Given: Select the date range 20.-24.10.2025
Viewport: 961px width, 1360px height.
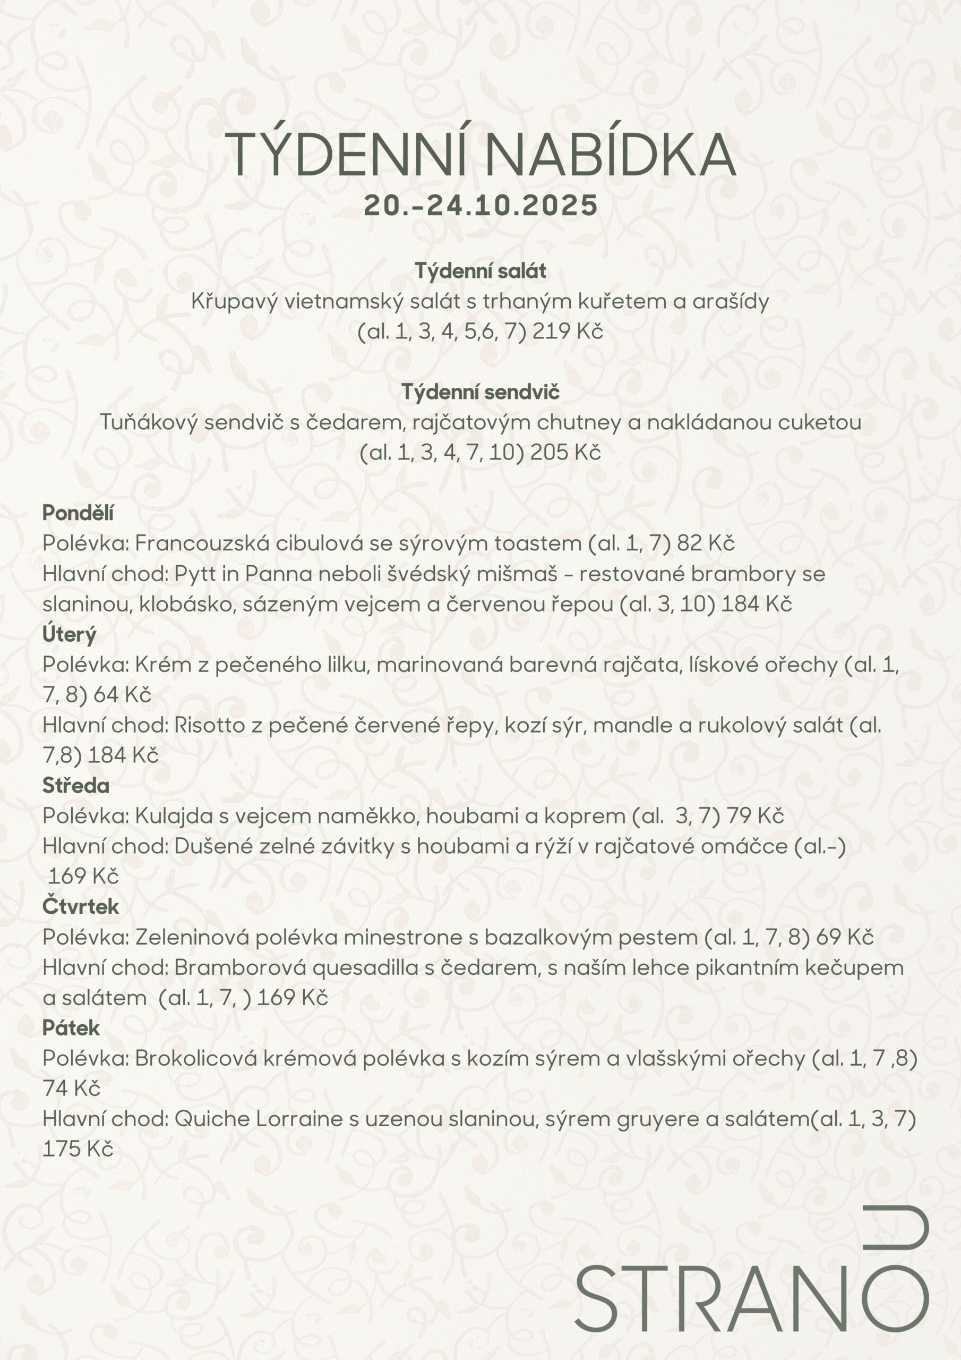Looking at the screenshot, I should coord(480,206).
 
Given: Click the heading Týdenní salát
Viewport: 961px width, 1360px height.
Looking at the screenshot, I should coord(480,271).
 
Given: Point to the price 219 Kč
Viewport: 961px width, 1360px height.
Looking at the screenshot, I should coord(567,331).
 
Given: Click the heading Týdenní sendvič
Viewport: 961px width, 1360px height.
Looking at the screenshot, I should coord(480,392).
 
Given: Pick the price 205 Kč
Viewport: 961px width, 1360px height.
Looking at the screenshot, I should coord(565,453).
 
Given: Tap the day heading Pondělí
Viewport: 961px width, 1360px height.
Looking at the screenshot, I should coord(78,513).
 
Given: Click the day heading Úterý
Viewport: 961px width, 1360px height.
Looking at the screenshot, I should coord(68,634).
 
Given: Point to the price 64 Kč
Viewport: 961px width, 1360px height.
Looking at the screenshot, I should coord(122,695).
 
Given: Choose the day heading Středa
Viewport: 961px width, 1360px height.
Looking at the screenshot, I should coord(76,785).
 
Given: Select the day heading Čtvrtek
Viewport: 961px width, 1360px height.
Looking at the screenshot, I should coord(81,906).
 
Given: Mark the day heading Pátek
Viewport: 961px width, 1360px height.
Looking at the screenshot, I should coord(71,1027).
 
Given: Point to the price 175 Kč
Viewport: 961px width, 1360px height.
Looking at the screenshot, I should coord(78,1149).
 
